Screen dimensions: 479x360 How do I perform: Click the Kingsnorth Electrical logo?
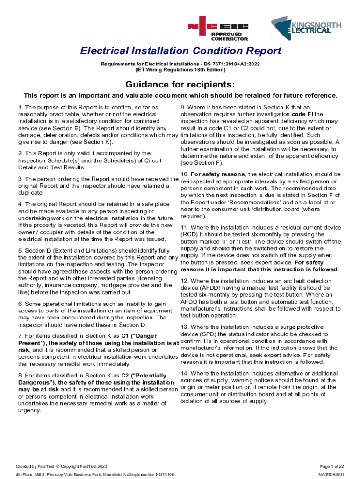306,29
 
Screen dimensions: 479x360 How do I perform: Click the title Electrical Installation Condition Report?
180,51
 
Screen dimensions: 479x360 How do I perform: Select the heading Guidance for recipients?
180,84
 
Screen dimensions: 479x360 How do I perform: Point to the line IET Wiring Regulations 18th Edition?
180,70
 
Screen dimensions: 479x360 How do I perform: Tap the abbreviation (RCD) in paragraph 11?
190,234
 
